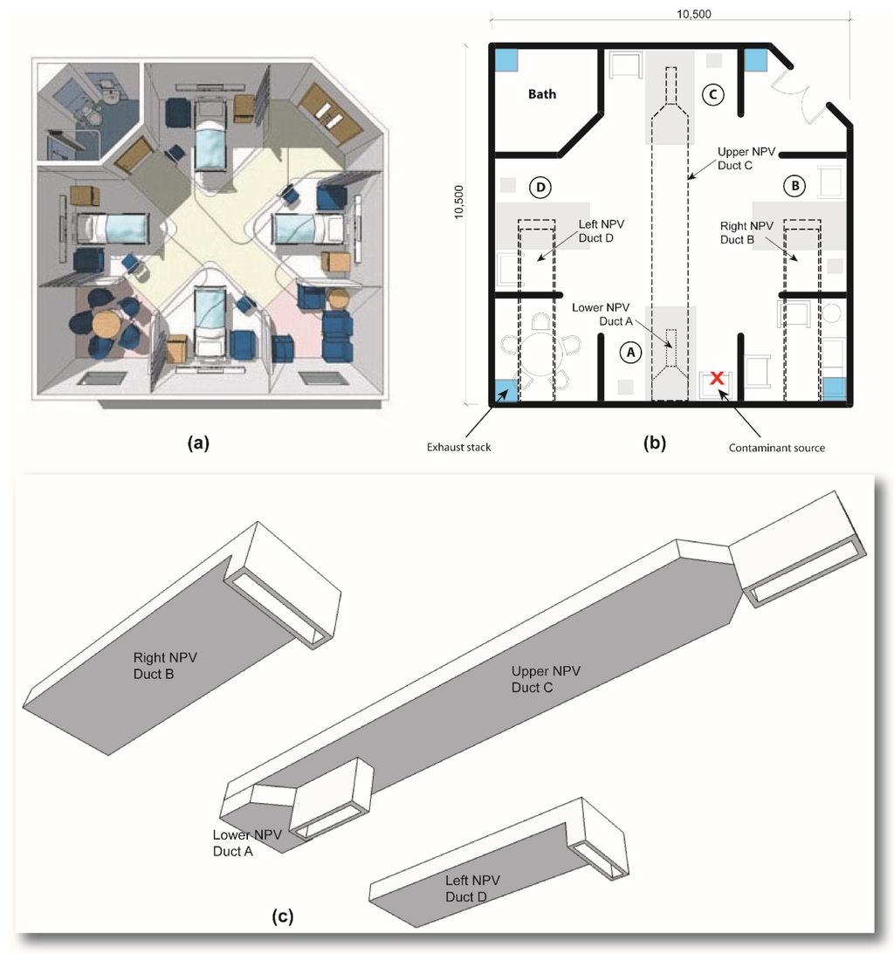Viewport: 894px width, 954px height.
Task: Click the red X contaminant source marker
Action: pos(717,378)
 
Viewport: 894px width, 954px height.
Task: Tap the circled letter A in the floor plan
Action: pos(630,353)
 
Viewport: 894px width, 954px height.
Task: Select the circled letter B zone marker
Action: pos(794,186)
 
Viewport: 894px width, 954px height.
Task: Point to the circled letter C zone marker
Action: pos(712,95)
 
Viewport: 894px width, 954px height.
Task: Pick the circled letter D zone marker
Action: pos(540,187)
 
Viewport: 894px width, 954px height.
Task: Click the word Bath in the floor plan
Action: pos(541,94)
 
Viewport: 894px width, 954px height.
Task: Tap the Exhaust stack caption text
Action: pos(458,447)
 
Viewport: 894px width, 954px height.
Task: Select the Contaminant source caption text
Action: pos(776,448)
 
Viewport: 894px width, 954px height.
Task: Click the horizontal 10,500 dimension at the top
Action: pos(694,13)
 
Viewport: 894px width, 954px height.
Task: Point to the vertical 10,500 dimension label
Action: pos(459,202)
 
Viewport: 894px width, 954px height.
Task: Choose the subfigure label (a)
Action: pos(198,443)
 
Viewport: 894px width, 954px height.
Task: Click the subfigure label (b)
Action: pos(655,443)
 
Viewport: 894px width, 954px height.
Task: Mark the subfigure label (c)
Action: pos(282,916)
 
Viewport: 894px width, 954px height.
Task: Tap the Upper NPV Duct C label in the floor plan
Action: pos(746,158)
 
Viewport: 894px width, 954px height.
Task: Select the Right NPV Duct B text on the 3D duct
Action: pos(165,666)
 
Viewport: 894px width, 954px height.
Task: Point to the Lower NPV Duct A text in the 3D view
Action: pos(247,842)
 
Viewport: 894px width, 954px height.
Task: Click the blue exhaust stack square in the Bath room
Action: pos(505,60)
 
